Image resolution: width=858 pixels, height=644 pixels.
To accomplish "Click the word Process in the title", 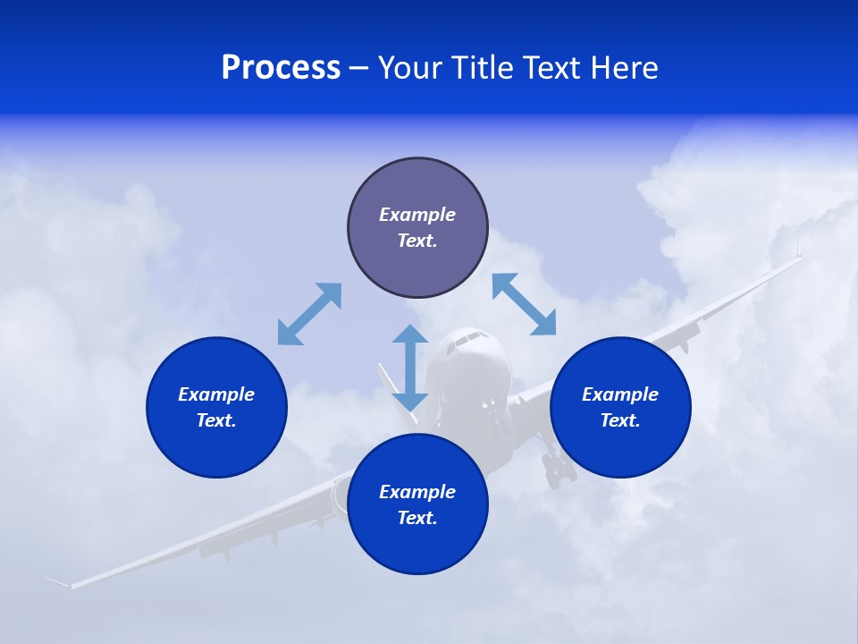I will (x=281, y=68).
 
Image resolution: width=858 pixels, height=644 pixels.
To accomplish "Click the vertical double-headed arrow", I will (x=410, y=368).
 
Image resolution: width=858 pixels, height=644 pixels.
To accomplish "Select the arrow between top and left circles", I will (x=309, y=314).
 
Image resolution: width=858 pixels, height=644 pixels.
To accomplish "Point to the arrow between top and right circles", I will (x=525, y=304).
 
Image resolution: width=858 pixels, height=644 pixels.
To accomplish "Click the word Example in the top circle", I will (x=417, y=215).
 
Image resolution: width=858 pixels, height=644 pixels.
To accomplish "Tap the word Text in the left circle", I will (x=215, y=420).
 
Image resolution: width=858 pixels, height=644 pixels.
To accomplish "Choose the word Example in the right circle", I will (x=620, y=394).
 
